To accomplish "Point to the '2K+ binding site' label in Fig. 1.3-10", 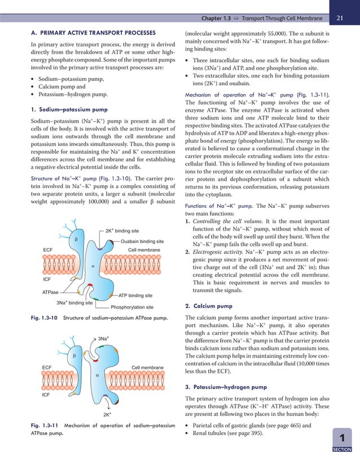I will click(122, 230).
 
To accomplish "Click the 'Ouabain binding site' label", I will click(142, 241).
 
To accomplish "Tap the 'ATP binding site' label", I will click(135, 295).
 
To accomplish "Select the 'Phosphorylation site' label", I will click(132, 307).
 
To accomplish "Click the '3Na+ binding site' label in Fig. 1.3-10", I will click(74, 303).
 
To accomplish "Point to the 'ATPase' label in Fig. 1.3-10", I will click(51, 292).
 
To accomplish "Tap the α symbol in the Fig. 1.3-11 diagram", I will click(97, 374).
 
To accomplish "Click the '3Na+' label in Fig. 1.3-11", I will click(103, 338).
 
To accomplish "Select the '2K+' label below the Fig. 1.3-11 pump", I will click(107, 414).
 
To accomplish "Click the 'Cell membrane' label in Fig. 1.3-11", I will click(147, 368).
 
